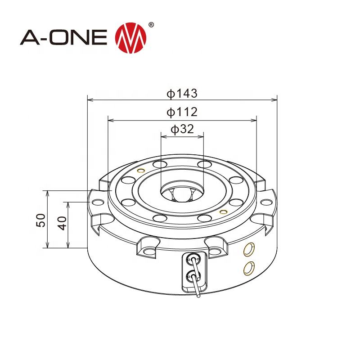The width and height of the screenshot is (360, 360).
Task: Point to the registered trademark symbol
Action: (x=151, y=24)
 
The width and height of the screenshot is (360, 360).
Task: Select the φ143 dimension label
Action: (x=181, y=93)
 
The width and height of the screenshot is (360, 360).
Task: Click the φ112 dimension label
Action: (x=181, y=112)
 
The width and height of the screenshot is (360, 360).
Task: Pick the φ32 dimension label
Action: (x=182, y=129)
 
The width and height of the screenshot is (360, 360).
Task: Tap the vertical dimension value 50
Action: (x=40, y=220)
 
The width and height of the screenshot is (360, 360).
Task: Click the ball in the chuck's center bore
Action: (x=182, y=194)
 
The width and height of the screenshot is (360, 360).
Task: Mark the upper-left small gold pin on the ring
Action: (x=140, y=171)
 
